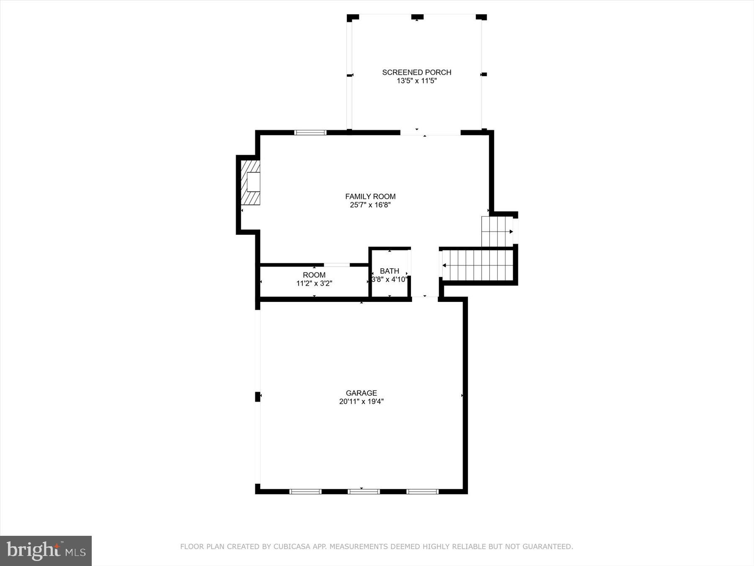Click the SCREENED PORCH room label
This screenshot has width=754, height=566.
point(416,72)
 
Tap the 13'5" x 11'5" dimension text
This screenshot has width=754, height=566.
point(416,81)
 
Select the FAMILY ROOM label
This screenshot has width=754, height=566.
point(370,196)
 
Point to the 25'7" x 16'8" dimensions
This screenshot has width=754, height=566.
point(370,205)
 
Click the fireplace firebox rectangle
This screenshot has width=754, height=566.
point(253,182)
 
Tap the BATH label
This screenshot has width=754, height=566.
point(390,271)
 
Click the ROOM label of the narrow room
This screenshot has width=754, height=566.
point(314,275)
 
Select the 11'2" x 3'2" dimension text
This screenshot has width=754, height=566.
point(314,283)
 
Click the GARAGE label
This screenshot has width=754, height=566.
point(361,393)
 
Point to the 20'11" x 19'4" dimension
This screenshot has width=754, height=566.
point(361,402)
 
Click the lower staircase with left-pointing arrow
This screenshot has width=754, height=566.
point(478,265)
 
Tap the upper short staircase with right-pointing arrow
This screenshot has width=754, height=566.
point(497,231)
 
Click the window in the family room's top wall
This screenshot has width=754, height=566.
point(310,132)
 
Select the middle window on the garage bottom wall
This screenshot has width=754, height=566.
point(363,491)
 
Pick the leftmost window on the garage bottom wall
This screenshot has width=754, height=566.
point(305,491)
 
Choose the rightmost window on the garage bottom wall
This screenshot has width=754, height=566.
point(422,491)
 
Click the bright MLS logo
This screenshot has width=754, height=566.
point(46,550)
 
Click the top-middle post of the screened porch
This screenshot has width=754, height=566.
point(417,17)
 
